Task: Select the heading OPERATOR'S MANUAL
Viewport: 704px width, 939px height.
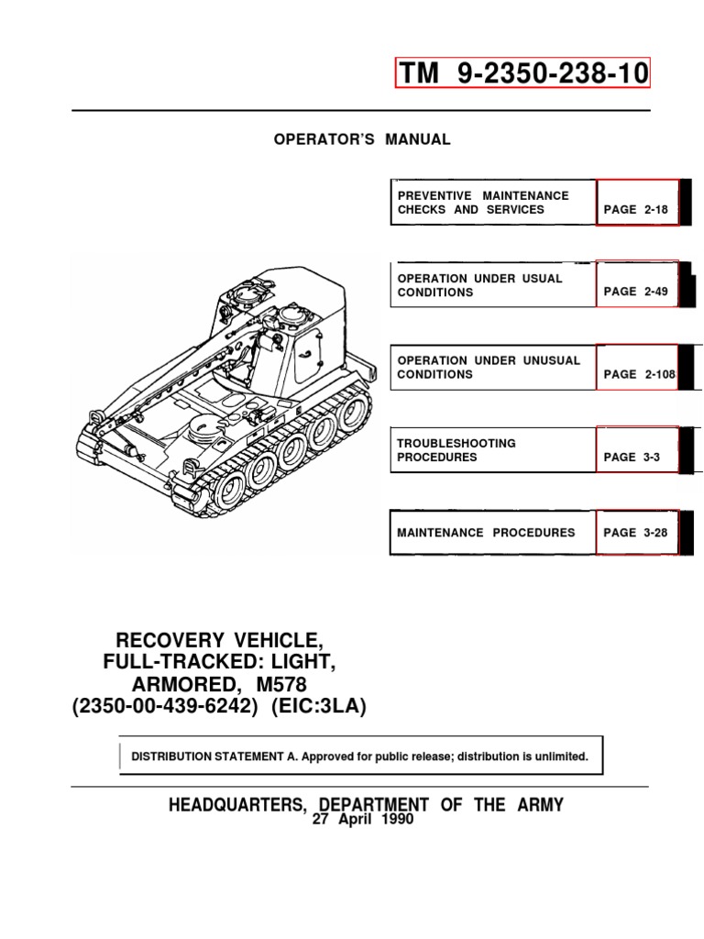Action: click(x=363, y=139)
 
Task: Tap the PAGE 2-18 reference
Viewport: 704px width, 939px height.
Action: click(x=636, y=209)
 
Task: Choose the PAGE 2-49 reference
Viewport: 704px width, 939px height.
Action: click(x=636, y=292)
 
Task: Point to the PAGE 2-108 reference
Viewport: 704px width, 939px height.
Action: click(x=638, y=374)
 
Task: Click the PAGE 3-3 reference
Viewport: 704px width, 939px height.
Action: click(x=632, y=457)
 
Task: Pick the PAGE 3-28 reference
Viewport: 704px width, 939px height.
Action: click(x=636, y=532)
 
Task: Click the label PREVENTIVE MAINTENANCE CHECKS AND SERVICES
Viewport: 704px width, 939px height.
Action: click(x=483, y=203)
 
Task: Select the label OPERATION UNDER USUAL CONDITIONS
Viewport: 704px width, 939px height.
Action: click(x=480, y=285)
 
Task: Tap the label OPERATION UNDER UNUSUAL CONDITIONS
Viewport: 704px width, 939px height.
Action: click(x=489, y=368)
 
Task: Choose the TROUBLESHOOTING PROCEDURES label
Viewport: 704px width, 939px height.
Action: click(x=456, y=450)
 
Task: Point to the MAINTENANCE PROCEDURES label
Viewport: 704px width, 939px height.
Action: click(x=486, y=532)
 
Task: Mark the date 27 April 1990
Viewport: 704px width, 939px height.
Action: click(x=364, y=820)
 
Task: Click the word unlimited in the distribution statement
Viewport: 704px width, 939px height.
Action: click(x=555, y=757)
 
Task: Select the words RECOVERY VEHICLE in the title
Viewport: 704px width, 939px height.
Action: click(x=217, y=639)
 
